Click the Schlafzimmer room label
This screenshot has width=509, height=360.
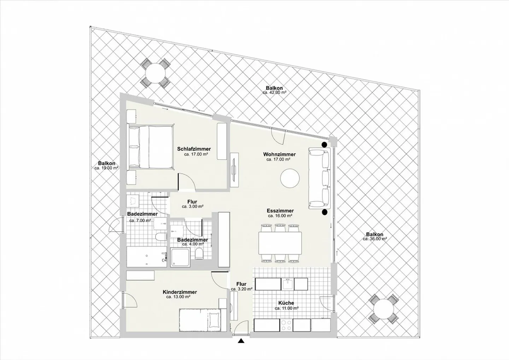point(194,149)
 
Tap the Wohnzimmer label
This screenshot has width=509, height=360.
point(279,155)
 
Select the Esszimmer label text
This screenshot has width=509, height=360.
point(280,211)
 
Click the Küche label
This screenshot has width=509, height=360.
point(286,303)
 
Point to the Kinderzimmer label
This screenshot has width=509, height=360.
point(180,292)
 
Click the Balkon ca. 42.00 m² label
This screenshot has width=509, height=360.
point(274,88)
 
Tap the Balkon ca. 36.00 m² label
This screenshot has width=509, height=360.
point(375,234)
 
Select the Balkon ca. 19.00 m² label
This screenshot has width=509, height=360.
point(106,163)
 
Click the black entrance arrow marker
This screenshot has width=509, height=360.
point(241,341)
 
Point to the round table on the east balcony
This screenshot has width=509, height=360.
point(383,309)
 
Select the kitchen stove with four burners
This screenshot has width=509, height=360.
point(286,325)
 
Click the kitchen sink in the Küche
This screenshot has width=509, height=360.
point(287,284)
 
